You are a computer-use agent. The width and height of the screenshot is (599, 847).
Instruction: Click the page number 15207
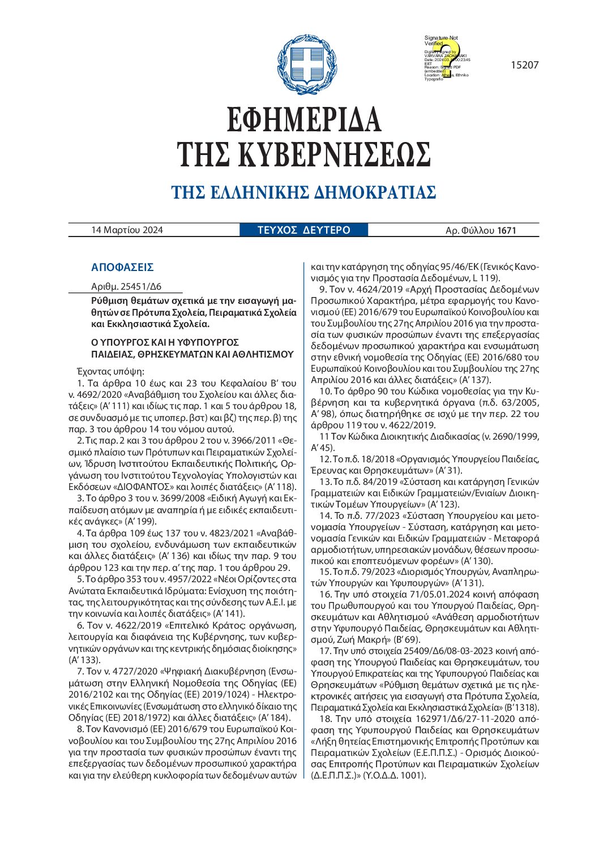pos(524,65)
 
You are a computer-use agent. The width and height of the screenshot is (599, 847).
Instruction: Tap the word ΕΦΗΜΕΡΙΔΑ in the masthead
pos(304,120)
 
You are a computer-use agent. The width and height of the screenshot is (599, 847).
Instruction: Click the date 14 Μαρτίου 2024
pos(127,230)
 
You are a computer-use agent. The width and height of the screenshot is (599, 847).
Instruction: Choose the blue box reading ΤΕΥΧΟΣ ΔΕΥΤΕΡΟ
pos(304,230)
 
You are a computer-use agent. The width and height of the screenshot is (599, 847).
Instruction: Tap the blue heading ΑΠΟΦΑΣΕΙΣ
pos(122,268)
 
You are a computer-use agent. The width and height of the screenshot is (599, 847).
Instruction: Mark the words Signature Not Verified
pos(441,40)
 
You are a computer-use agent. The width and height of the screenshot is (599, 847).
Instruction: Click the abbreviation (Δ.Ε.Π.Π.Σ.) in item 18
pos(338,775)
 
